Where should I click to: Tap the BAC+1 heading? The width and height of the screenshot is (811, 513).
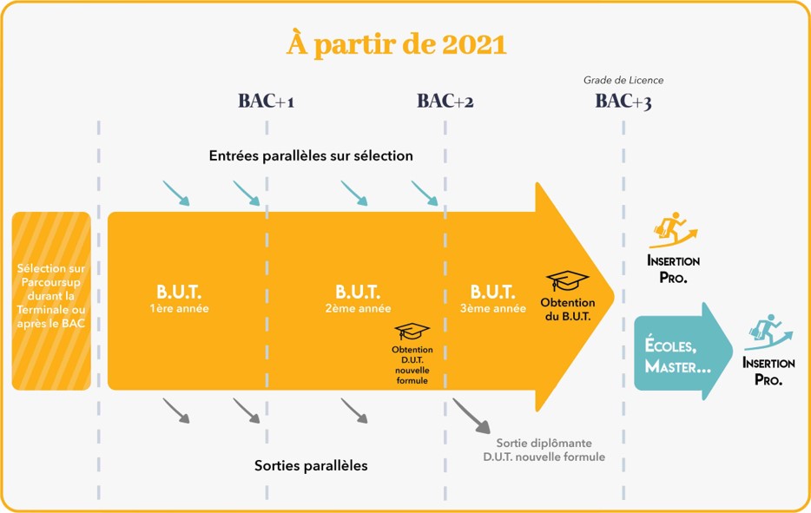point(266,102)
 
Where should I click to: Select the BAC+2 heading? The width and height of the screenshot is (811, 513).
point(445,102)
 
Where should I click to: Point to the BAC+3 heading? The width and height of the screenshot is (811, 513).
point(623,102)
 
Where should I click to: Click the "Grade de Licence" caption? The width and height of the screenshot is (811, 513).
point(623,81)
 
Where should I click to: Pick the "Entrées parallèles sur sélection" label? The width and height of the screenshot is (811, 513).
point(311,156)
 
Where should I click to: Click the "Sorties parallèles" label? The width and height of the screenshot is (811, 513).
point(311,466)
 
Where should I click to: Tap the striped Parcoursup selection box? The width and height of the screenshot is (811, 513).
point(52,300)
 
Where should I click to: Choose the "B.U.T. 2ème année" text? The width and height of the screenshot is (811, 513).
point(357,298)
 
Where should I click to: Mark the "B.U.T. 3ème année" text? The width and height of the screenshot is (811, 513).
point(492,298)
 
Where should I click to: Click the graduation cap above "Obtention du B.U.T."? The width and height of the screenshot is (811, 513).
point(567,281)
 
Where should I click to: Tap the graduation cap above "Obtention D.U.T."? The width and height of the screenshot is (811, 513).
point(412,332)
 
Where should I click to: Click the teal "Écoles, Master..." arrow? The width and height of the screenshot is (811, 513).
point(682,352)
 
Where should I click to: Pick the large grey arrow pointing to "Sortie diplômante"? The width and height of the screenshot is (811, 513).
point(471,415)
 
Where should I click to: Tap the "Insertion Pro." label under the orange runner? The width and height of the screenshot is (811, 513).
point(673,270)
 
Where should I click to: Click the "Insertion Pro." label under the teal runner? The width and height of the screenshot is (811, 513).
point(768,372)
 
